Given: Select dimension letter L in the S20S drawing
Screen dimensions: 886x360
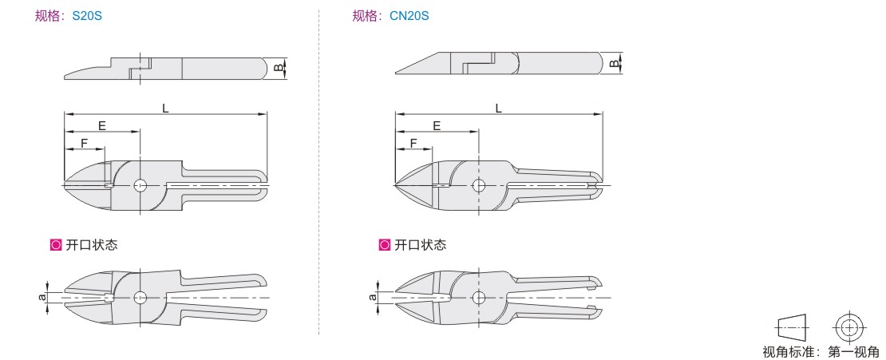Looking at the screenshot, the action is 165,108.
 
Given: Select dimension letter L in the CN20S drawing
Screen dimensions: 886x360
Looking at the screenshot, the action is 498,108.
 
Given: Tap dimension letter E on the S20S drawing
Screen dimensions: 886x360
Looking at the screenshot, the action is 102,125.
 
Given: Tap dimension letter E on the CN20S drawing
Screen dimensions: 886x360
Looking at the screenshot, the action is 437,125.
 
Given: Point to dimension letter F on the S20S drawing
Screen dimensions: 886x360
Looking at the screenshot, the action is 84,144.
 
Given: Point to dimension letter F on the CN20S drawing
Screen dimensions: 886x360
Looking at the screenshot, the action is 413,144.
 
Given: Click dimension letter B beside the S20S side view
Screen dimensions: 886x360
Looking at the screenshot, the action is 278,68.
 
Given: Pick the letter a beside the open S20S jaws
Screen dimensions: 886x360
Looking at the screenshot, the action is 42,296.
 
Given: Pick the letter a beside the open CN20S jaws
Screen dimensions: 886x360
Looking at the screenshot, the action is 373,297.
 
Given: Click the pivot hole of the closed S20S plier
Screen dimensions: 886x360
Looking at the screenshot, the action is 140,185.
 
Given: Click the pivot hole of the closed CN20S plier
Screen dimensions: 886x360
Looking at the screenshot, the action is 479,185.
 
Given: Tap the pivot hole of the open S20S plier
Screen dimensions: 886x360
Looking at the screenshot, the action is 140,297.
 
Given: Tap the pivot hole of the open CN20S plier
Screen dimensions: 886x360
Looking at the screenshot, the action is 479,297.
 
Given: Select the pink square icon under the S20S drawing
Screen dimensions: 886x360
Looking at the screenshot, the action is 56,245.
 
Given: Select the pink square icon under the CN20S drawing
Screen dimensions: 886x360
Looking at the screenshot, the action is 384,245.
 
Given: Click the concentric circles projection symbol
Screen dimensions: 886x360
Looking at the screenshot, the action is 849,327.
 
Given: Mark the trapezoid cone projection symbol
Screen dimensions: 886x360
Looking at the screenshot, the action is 793,327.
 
